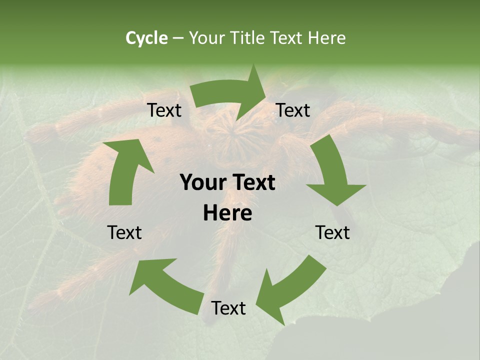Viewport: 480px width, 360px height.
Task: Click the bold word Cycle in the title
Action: [146, 38]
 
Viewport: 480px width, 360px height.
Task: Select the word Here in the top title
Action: [327, 38]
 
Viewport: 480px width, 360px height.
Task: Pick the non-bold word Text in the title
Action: [288, 38]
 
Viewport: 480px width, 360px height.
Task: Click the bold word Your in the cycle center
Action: [202, 183]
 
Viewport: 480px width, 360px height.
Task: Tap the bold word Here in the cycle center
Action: [227, 213]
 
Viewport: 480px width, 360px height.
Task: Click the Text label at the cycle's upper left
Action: [164, 110]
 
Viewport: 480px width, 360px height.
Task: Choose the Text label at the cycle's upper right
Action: [293, 110]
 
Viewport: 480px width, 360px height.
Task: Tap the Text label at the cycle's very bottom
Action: [228, 308]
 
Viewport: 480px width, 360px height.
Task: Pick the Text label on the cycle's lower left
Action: [124, 232]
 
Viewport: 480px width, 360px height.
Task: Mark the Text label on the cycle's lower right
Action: [332, 232]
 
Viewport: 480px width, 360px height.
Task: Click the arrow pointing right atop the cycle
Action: [230, 95]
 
